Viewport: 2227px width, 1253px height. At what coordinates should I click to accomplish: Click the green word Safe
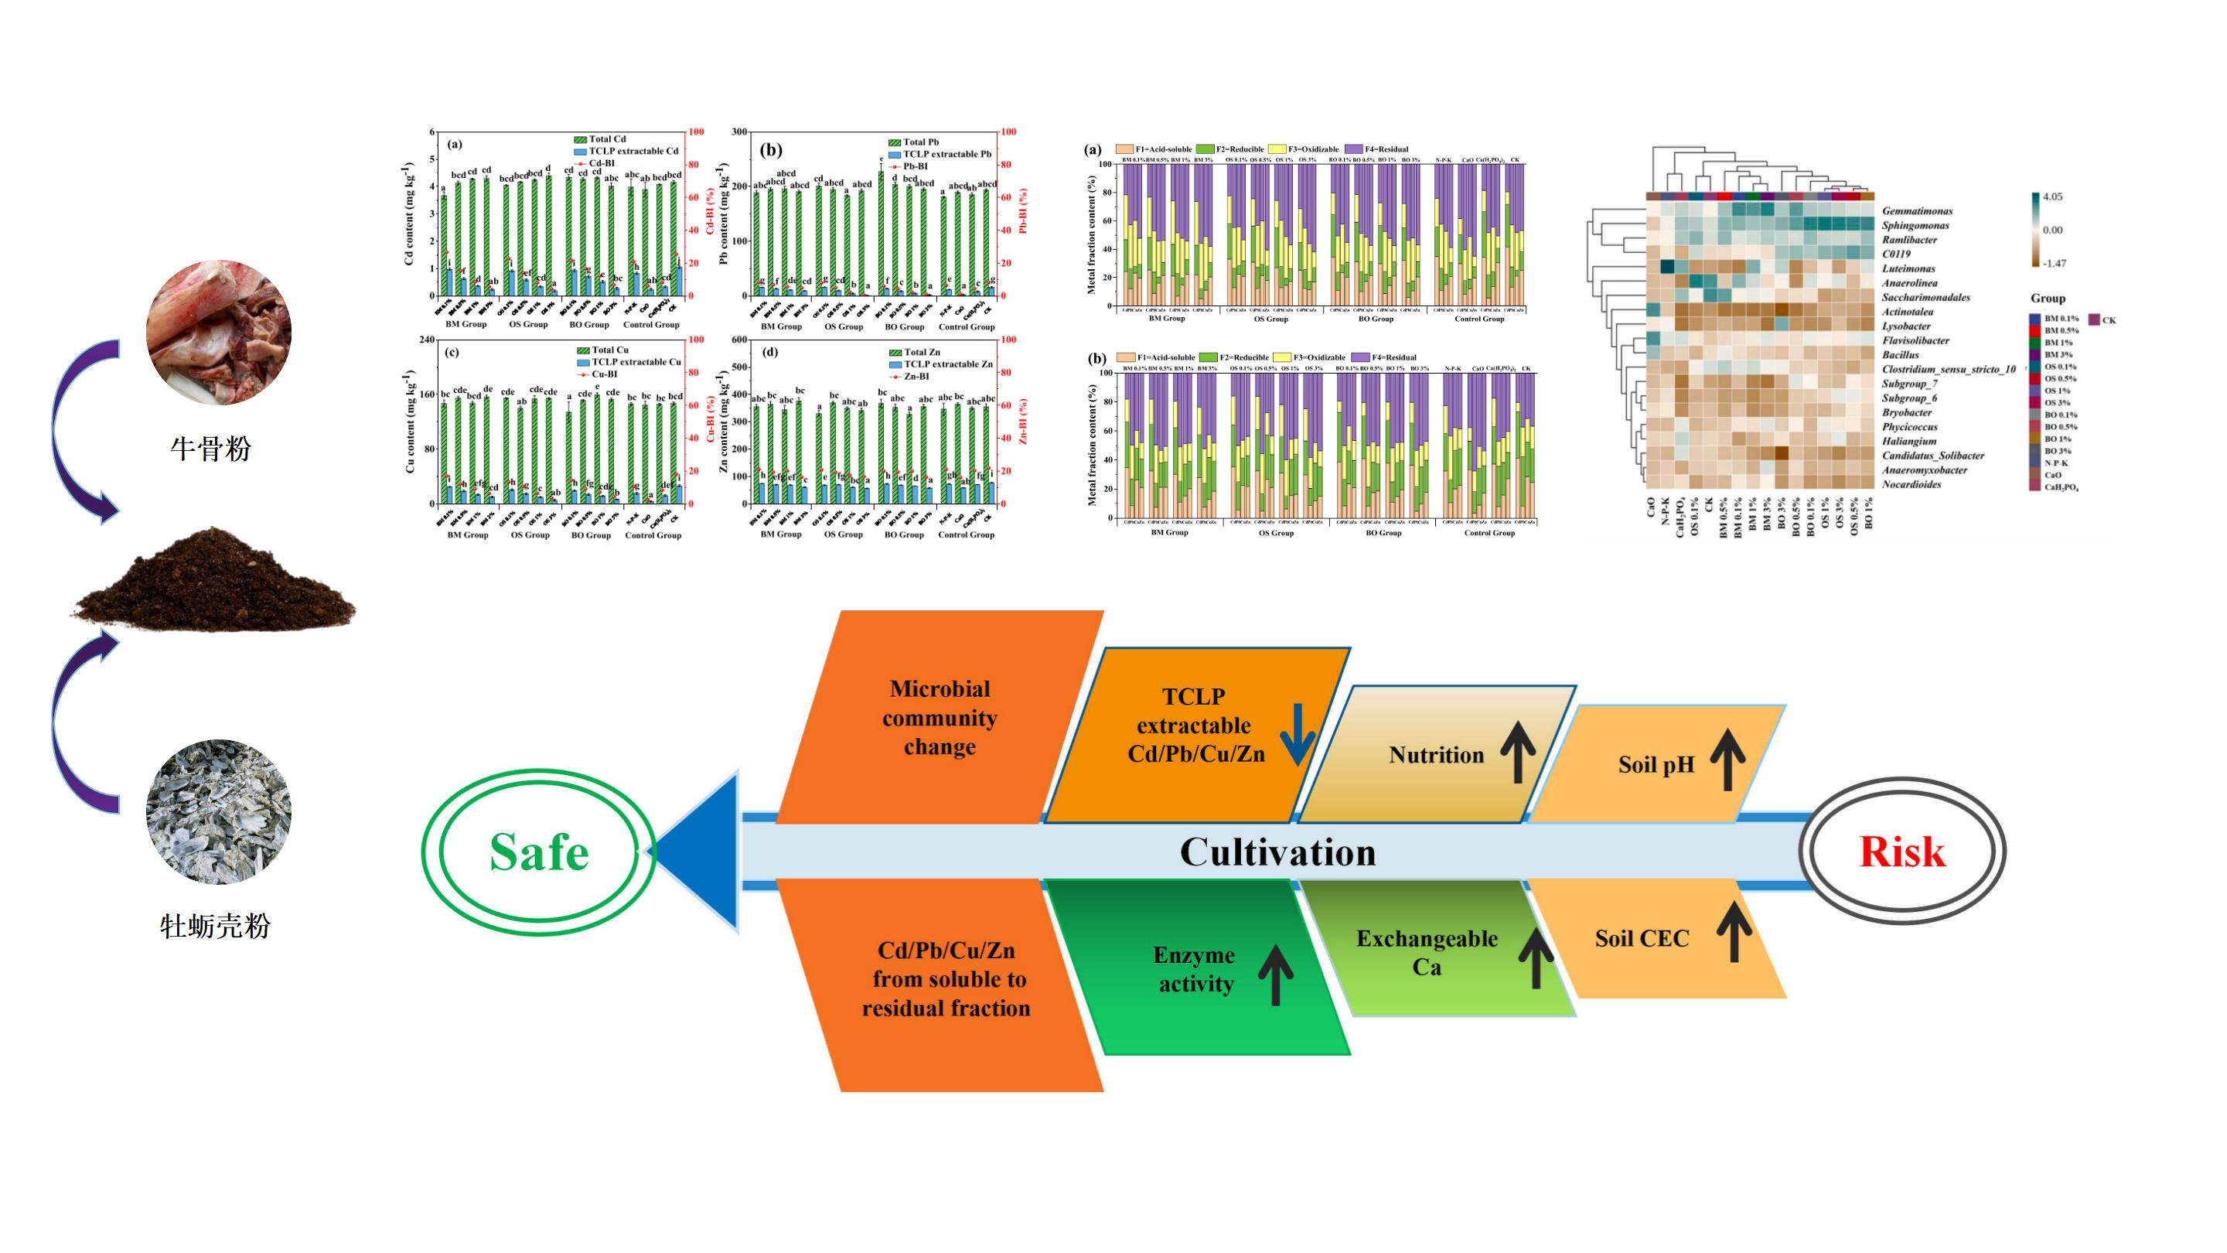point(539,852)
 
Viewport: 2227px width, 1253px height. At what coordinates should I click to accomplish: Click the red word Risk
point(1902,852)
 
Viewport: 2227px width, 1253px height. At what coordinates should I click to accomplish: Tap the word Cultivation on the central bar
point(1277,852)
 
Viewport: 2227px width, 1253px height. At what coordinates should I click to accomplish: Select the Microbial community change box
point(940,718)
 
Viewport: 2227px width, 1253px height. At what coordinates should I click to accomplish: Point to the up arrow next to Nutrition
point(1518,753)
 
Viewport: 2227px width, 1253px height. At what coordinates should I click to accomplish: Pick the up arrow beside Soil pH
point(1727,760)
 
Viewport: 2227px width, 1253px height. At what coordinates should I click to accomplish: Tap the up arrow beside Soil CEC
point(1734,931)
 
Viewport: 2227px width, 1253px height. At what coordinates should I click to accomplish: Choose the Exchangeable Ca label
point(1427,952)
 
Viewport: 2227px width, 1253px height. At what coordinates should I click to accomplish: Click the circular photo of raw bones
point(219,332)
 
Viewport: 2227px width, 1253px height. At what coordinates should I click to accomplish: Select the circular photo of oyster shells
point(219,811)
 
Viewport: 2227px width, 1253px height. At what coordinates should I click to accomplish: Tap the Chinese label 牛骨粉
point(211,449)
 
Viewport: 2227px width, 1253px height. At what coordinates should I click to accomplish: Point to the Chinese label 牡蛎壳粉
point(215,927)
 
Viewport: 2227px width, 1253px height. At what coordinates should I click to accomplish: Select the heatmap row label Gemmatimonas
point(1917,211)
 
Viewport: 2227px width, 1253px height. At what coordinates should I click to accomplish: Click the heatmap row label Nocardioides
point(1912,484)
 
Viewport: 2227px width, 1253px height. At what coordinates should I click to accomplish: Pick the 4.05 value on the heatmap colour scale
point(2051,197)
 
